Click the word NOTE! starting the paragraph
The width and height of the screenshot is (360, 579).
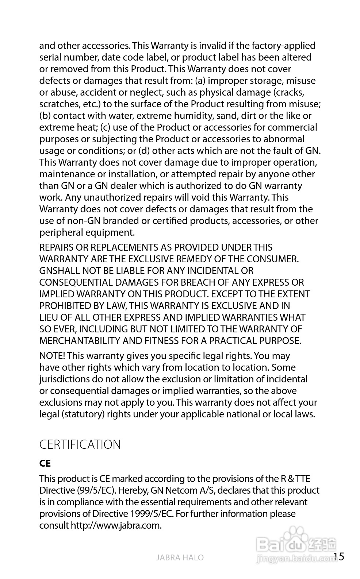[52, 356]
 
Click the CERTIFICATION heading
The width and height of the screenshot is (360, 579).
[80, 444]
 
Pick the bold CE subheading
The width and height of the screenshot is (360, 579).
[45, 463]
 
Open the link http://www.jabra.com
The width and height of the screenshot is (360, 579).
[116, 525]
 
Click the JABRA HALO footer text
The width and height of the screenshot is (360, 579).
[180, 557]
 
